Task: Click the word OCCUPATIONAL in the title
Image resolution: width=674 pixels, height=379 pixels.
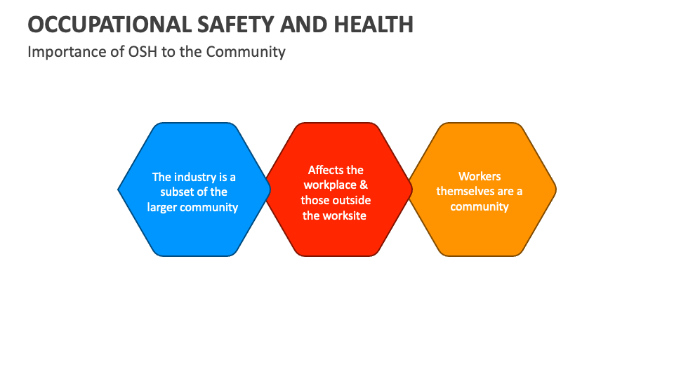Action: [100, 25]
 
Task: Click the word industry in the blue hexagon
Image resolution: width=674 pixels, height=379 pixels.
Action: [197, 177]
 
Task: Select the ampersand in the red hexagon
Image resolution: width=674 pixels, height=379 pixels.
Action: [363, 185]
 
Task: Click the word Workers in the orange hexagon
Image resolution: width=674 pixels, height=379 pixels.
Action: [480, 176]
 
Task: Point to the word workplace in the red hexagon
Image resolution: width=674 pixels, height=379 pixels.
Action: [330, 185]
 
